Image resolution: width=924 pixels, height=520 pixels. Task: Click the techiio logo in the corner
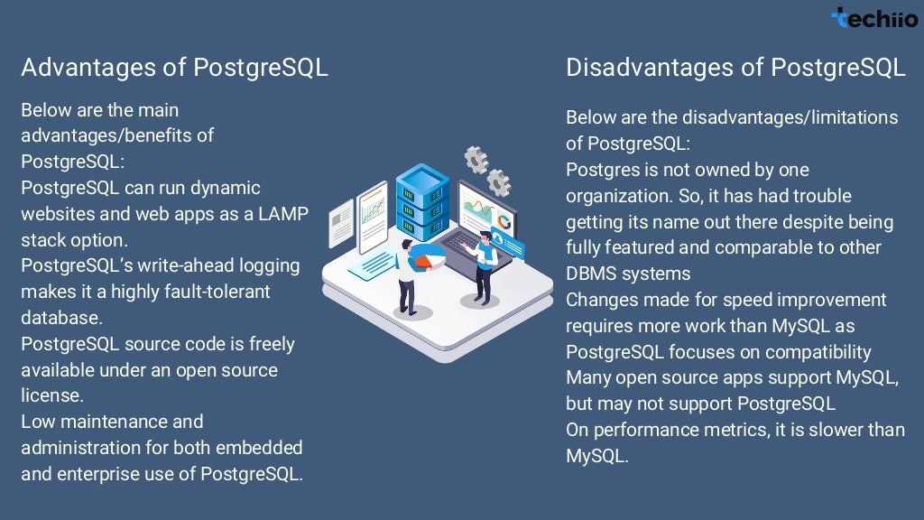coord(873,17)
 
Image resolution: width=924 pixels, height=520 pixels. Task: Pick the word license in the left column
coord(51,396)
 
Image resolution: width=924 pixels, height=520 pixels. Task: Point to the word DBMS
coord(594,274)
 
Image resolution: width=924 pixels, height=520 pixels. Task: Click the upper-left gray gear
coord(476,160)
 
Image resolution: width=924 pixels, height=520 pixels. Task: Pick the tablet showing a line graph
coord(373,218)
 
